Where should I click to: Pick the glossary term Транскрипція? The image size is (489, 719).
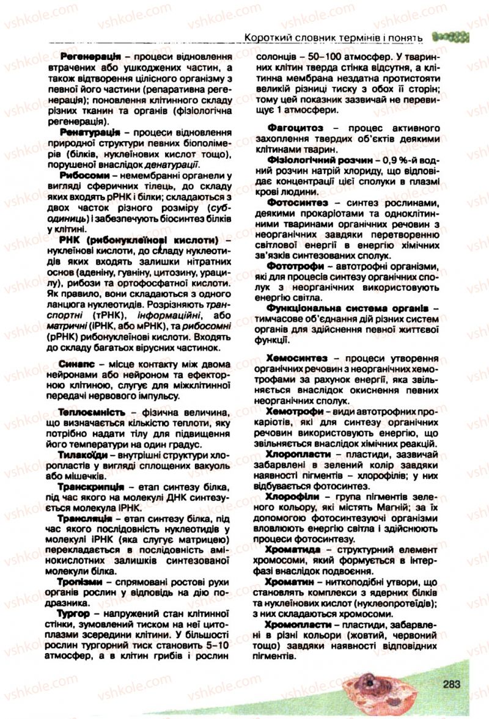click(x=92, y=487)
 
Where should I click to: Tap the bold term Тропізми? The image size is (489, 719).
click(x=83, y=582)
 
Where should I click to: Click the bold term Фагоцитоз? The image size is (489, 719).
click(x=295, y=128)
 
